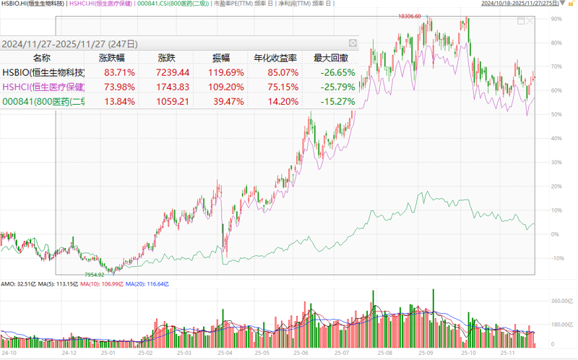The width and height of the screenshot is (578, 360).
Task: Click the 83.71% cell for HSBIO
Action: [118, 72]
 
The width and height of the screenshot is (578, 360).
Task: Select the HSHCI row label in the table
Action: [43, 87]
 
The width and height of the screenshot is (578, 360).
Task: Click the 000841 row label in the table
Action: [43, 101]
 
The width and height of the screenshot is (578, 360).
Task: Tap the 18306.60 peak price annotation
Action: [408, 15]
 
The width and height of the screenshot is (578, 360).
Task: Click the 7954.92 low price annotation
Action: [95, 275]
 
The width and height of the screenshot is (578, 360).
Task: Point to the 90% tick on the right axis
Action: [556, 19]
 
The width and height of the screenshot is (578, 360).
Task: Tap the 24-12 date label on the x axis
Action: [69, 353]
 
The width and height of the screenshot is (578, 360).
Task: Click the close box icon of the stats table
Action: [353, 43]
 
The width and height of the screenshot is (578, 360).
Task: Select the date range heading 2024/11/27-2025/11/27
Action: [69, 43]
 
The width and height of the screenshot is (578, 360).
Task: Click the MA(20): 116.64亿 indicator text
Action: [149, 284]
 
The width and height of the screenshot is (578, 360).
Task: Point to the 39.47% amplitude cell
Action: [226, 101]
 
